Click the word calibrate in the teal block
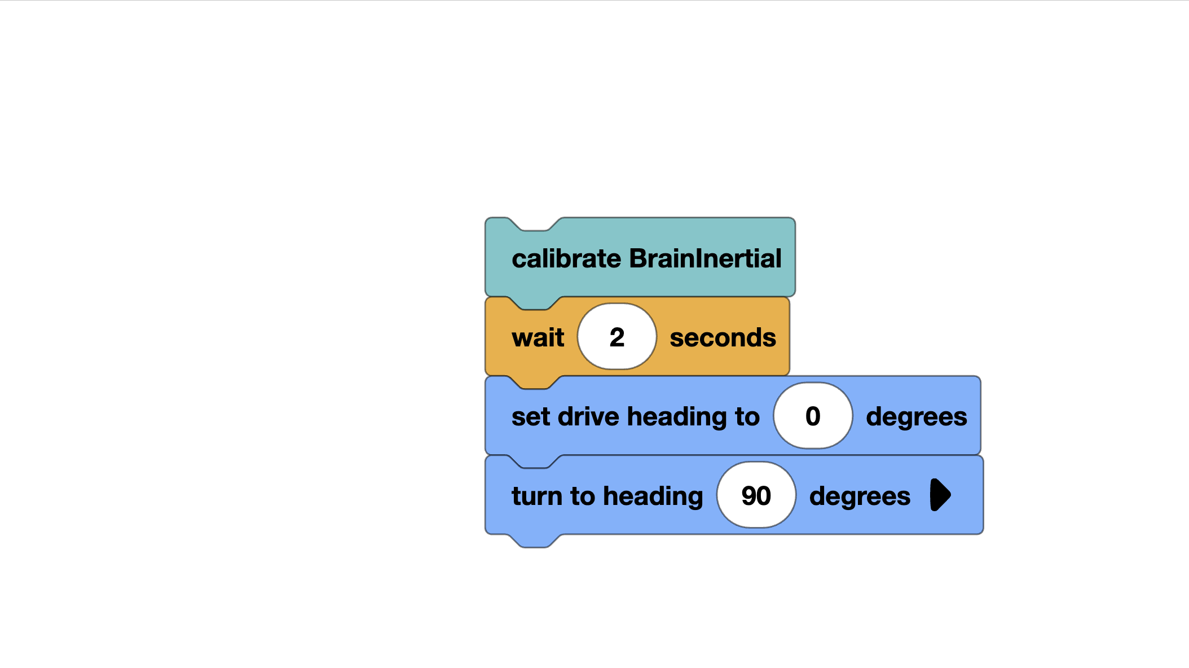(567, 259)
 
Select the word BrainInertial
(705, 259)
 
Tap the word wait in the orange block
(538, 338)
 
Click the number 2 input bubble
(616, 337)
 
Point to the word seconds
(723, 338)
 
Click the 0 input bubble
(812, 416)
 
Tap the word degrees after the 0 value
(916, 417)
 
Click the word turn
(536, 496)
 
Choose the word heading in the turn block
(653, 496)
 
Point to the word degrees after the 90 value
(860, 496)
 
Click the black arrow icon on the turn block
(940, 495)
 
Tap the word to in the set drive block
(747, 417)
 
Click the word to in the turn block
(583, 496)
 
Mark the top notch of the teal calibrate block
(535, 225)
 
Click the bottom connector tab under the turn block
(535, 541)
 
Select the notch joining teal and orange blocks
(535, 304)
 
